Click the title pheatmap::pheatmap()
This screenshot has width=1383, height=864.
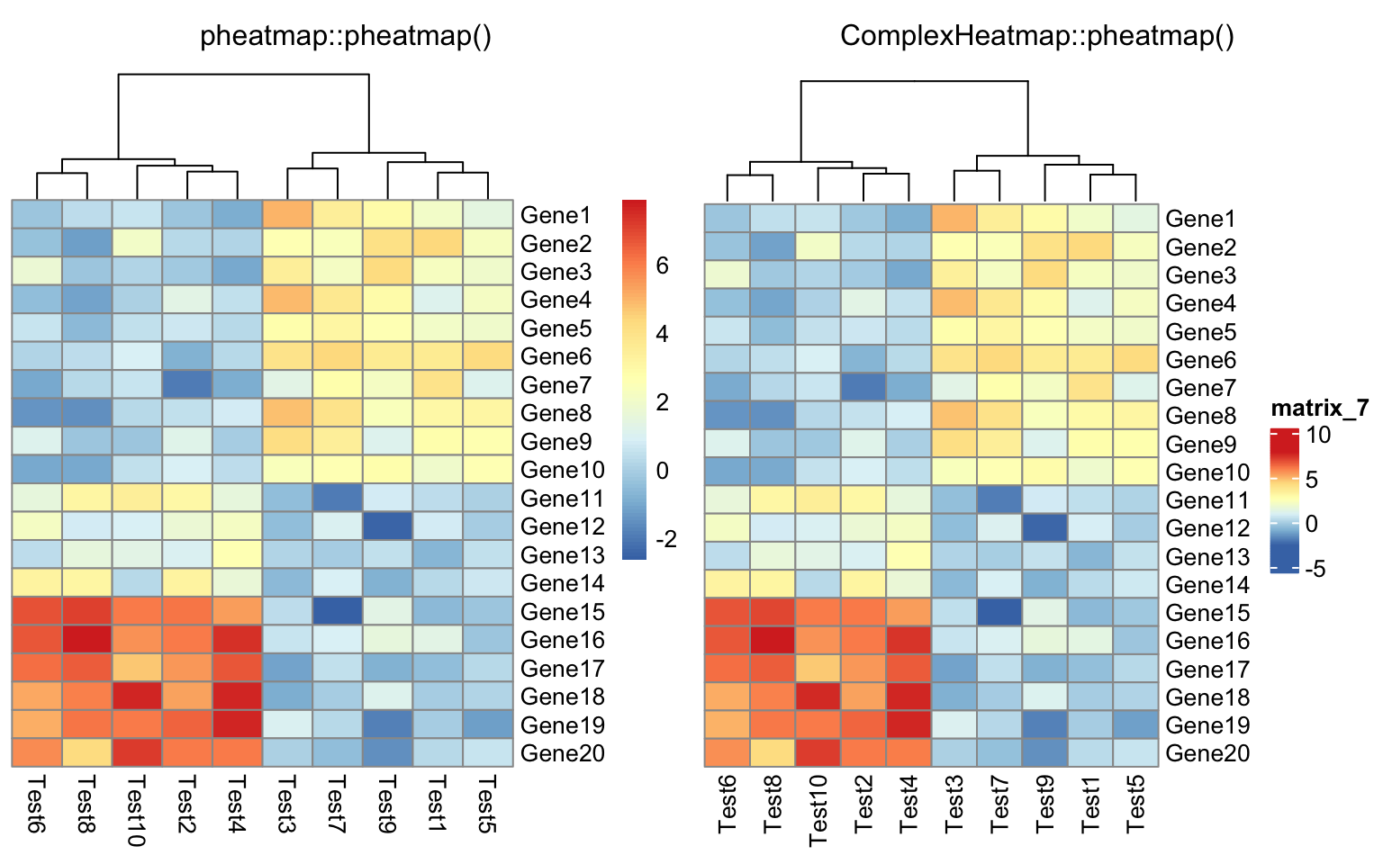coord(346,36)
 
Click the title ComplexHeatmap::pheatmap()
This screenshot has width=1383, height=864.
coord(1037,36)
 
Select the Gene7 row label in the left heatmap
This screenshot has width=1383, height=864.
coord(556,385)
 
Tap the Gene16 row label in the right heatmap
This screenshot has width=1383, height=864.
coord(1207,641)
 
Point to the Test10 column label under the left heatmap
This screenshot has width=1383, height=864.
coord(137,810)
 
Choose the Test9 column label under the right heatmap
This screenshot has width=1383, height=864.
coord(1045,801)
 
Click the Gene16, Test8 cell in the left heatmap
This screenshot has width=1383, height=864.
coord(87,640)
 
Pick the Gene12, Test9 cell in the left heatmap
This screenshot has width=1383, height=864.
coord(388,526)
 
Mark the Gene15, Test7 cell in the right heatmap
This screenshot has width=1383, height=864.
coord(999,613)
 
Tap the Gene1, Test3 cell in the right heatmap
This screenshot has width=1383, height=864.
coord(954,219)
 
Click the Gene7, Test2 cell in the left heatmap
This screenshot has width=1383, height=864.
coord(187,385)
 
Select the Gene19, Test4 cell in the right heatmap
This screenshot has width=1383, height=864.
coord(908,725)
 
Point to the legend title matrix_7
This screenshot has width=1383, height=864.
coord(1319,409)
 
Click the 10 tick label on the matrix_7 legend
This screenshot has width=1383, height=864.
coord(1318,436)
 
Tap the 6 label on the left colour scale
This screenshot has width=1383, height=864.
coord(663,265)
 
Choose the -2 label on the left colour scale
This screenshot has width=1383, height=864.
coord(666,539)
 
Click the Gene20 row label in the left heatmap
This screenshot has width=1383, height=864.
coord(562,753)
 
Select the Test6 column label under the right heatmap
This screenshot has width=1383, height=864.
coord(728,801)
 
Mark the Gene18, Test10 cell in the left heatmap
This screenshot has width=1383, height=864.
coord(137,697)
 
